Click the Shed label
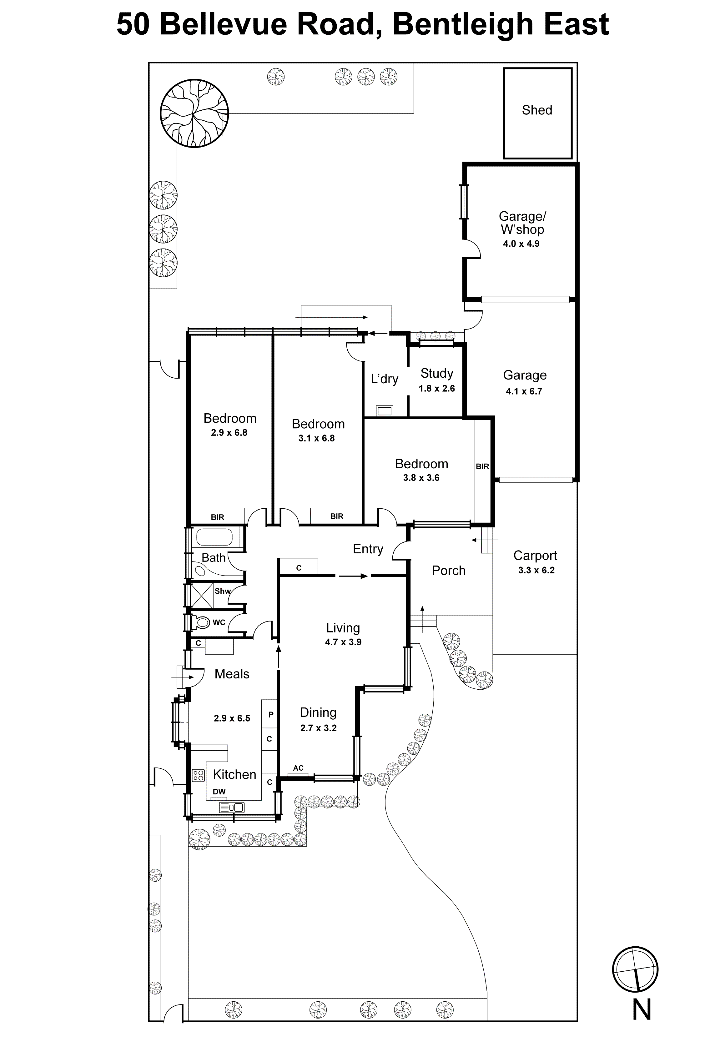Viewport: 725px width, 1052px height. (x=537, y=110)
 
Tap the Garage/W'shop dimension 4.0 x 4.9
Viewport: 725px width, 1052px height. (x=521, y=244)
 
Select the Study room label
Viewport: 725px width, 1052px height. (x=436, y=373)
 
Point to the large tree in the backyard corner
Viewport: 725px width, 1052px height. (x=194, y=113)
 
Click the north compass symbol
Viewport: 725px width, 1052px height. (x=635, y=970)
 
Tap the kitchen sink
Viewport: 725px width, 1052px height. (x=232, y=807)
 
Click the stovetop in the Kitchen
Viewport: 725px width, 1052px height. (x=198, y=775)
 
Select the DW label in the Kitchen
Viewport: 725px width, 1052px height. (x=219, y=791)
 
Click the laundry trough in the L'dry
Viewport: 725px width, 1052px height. (x=384, y=410)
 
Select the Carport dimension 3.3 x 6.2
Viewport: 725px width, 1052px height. (x=536, y=571)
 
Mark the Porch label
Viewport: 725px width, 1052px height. (x=448, y=571)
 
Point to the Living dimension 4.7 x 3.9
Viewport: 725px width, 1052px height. (x=343, y=642)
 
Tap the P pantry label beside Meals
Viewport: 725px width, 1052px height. (x=271, y=714)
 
